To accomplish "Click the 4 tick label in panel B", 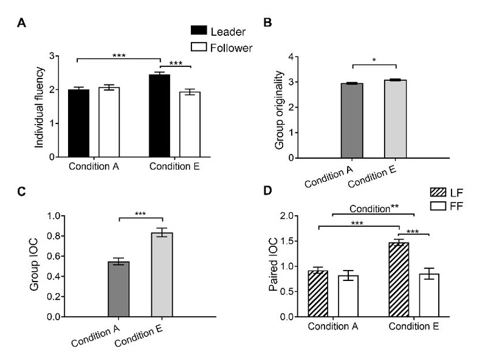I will [291, 57].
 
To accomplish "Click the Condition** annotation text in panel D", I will [374, 207].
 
